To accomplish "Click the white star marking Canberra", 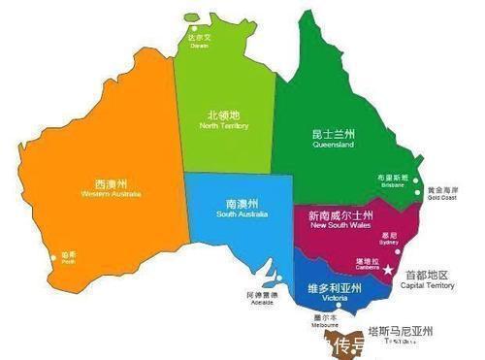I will pyautogui.click(x=389, y=270).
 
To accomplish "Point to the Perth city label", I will pyautogui.click(x=67, y=259).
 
